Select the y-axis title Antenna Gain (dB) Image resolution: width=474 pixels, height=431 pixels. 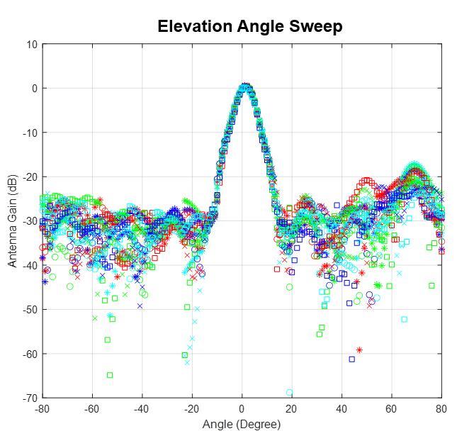12,220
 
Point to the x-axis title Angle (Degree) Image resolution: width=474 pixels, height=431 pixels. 242,424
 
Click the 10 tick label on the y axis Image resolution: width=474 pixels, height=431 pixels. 32,44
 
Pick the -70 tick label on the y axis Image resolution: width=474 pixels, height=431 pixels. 29,398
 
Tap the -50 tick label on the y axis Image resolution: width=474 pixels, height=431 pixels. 29,309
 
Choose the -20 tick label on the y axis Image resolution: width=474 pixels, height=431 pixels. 29,177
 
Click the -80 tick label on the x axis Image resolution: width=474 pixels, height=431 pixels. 42,408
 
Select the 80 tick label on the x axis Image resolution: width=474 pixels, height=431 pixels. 441,408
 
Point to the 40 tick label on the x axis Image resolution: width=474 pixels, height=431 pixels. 342,408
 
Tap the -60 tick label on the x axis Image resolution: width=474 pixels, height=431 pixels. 91,408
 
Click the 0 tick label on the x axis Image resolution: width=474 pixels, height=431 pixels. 242,408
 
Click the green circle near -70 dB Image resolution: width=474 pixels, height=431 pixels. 289,392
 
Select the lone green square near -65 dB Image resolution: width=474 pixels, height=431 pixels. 110,375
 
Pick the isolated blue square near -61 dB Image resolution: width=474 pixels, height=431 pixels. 351,359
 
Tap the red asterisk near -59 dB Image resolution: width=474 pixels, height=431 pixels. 359,349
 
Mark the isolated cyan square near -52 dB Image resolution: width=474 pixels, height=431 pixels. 404,319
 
